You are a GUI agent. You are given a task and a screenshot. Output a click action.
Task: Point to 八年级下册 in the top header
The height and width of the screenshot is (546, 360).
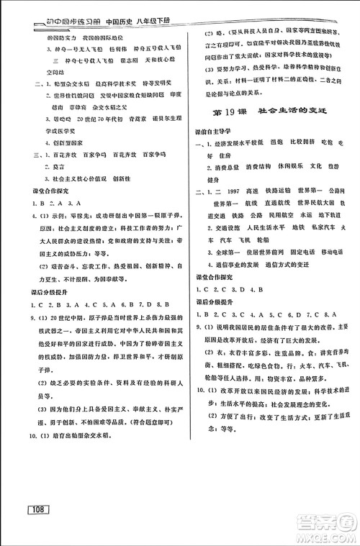point(152,11)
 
